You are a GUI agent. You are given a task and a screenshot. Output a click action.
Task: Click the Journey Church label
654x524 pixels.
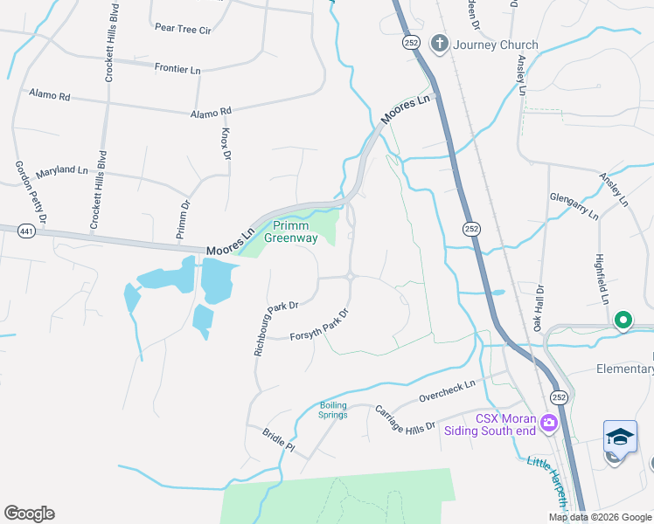495,45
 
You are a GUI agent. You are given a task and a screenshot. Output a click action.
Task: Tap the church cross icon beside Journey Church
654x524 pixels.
439,44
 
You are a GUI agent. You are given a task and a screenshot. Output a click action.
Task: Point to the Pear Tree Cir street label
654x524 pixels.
183,29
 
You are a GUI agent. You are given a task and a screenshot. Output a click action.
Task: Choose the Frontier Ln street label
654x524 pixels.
177,67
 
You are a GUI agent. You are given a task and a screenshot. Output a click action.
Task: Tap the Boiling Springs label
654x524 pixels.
333,409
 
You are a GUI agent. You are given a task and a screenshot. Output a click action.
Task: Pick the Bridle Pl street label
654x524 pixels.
279,438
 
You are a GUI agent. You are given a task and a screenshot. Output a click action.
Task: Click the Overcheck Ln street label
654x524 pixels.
446,390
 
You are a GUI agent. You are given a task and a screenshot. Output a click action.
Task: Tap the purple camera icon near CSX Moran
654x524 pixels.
548,424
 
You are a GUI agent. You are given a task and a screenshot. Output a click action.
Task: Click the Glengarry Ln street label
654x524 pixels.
574,206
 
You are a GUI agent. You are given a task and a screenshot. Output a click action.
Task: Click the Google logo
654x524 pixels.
29,514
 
